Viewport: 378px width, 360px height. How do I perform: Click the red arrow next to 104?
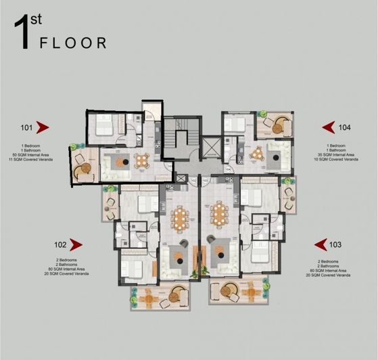point(328,127)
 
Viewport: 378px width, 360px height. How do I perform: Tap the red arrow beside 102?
point(76,244)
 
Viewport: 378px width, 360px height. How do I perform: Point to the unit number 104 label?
point(345,127)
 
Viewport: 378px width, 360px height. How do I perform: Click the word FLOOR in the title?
point(73,43)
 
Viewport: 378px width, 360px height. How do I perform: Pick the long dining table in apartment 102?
point(180,217)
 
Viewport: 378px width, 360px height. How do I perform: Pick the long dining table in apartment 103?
point(219,217)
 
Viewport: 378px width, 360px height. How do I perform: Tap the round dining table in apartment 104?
point(256,154)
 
